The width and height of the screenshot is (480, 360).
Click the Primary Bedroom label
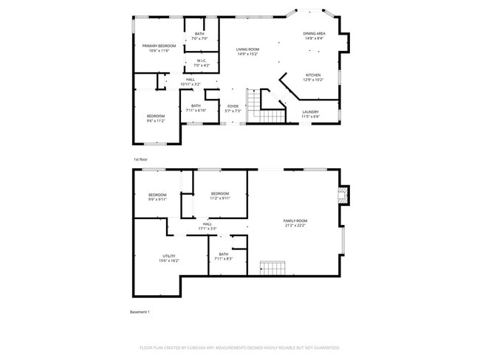pyautogui.click(x=160, y=48)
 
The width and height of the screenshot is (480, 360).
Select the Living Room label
pyautogui.click(x=247, y=52)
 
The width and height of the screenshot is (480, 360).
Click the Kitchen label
pyautogui.click(x=314, y=77)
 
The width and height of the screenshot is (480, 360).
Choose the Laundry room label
pyautogui.click(x=310, y=114)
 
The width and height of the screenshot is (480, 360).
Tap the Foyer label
pyautogui.click(x=233, y=108)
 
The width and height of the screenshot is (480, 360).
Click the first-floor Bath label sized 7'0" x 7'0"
pyautogui.click(x=199, y=35)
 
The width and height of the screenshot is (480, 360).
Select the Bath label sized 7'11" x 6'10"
pyautogui.click(x=196, y=108)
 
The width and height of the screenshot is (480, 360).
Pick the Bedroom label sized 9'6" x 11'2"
pyautogui.click(x=155, y=118)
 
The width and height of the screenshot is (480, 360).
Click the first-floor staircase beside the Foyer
pyautogui.click(x=264, y=108)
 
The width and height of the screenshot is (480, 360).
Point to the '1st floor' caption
pyautogui.click(x=140, y=159)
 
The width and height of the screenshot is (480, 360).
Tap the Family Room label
pyautogui.click(x=295, y=223)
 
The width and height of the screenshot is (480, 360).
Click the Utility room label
pyautogui.click(x=169, y=258)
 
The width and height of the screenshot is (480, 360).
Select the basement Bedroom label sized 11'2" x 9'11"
pyautogui.click(x=220, y=195)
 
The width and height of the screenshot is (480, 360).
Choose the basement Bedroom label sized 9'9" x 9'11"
pyautogui.click(x=157, y=197)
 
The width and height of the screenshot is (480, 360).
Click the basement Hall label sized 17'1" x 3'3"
pyautogui.click(x=207, y=226)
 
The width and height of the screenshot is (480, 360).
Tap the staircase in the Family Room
pyautogui.click(x=272, y=267)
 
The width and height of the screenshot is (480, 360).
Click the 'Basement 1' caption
pyautogui.click(x=140, y=312)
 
